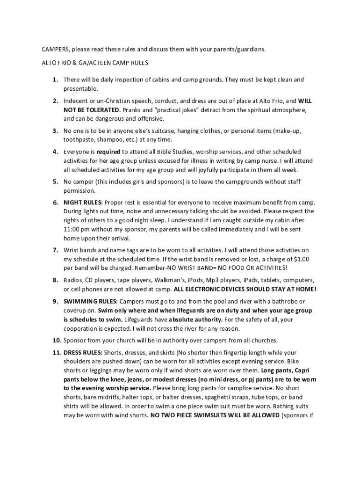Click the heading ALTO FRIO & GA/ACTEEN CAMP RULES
pyautogui.click(x=95, y=62)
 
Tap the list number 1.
pyautogui.click(x=55, y=80)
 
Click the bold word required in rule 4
pyautogui.click(x=108, y=152)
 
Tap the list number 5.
pyautogui.click(x=55, y=181)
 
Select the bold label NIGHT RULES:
pyautogui.click(x=83, y=203)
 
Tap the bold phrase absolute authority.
pyautogui.click(x=195, y=319)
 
